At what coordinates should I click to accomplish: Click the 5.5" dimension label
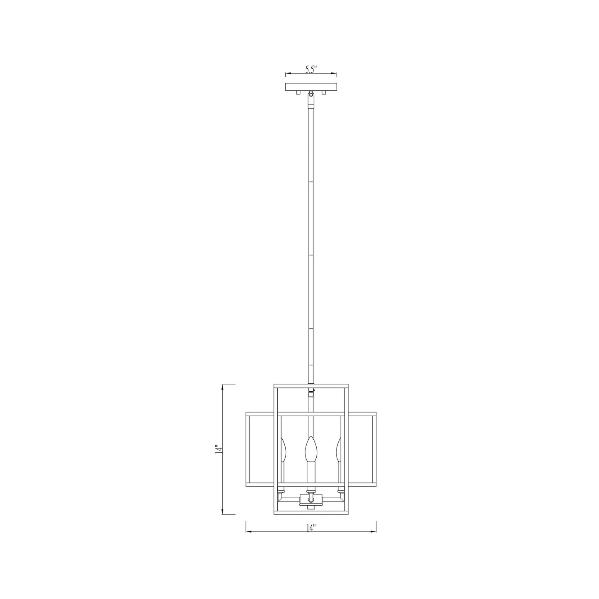pos(311,69)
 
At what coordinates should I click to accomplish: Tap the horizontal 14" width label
pos(311,528)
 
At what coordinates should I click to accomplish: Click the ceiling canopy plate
pos(311,87)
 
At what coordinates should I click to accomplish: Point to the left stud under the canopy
pos(297,93)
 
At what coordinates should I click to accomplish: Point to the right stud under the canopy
pos(325,93)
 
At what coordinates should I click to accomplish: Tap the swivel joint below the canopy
pos(311,100)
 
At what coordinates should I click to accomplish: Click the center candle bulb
pos(310,449)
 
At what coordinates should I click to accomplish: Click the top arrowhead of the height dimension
pos(223,386)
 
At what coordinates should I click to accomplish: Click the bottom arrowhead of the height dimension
pos(223,512)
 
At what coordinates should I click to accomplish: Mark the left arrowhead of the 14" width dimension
pos(248,532)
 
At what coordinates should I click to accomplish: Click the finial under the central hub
pos(311,507)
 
